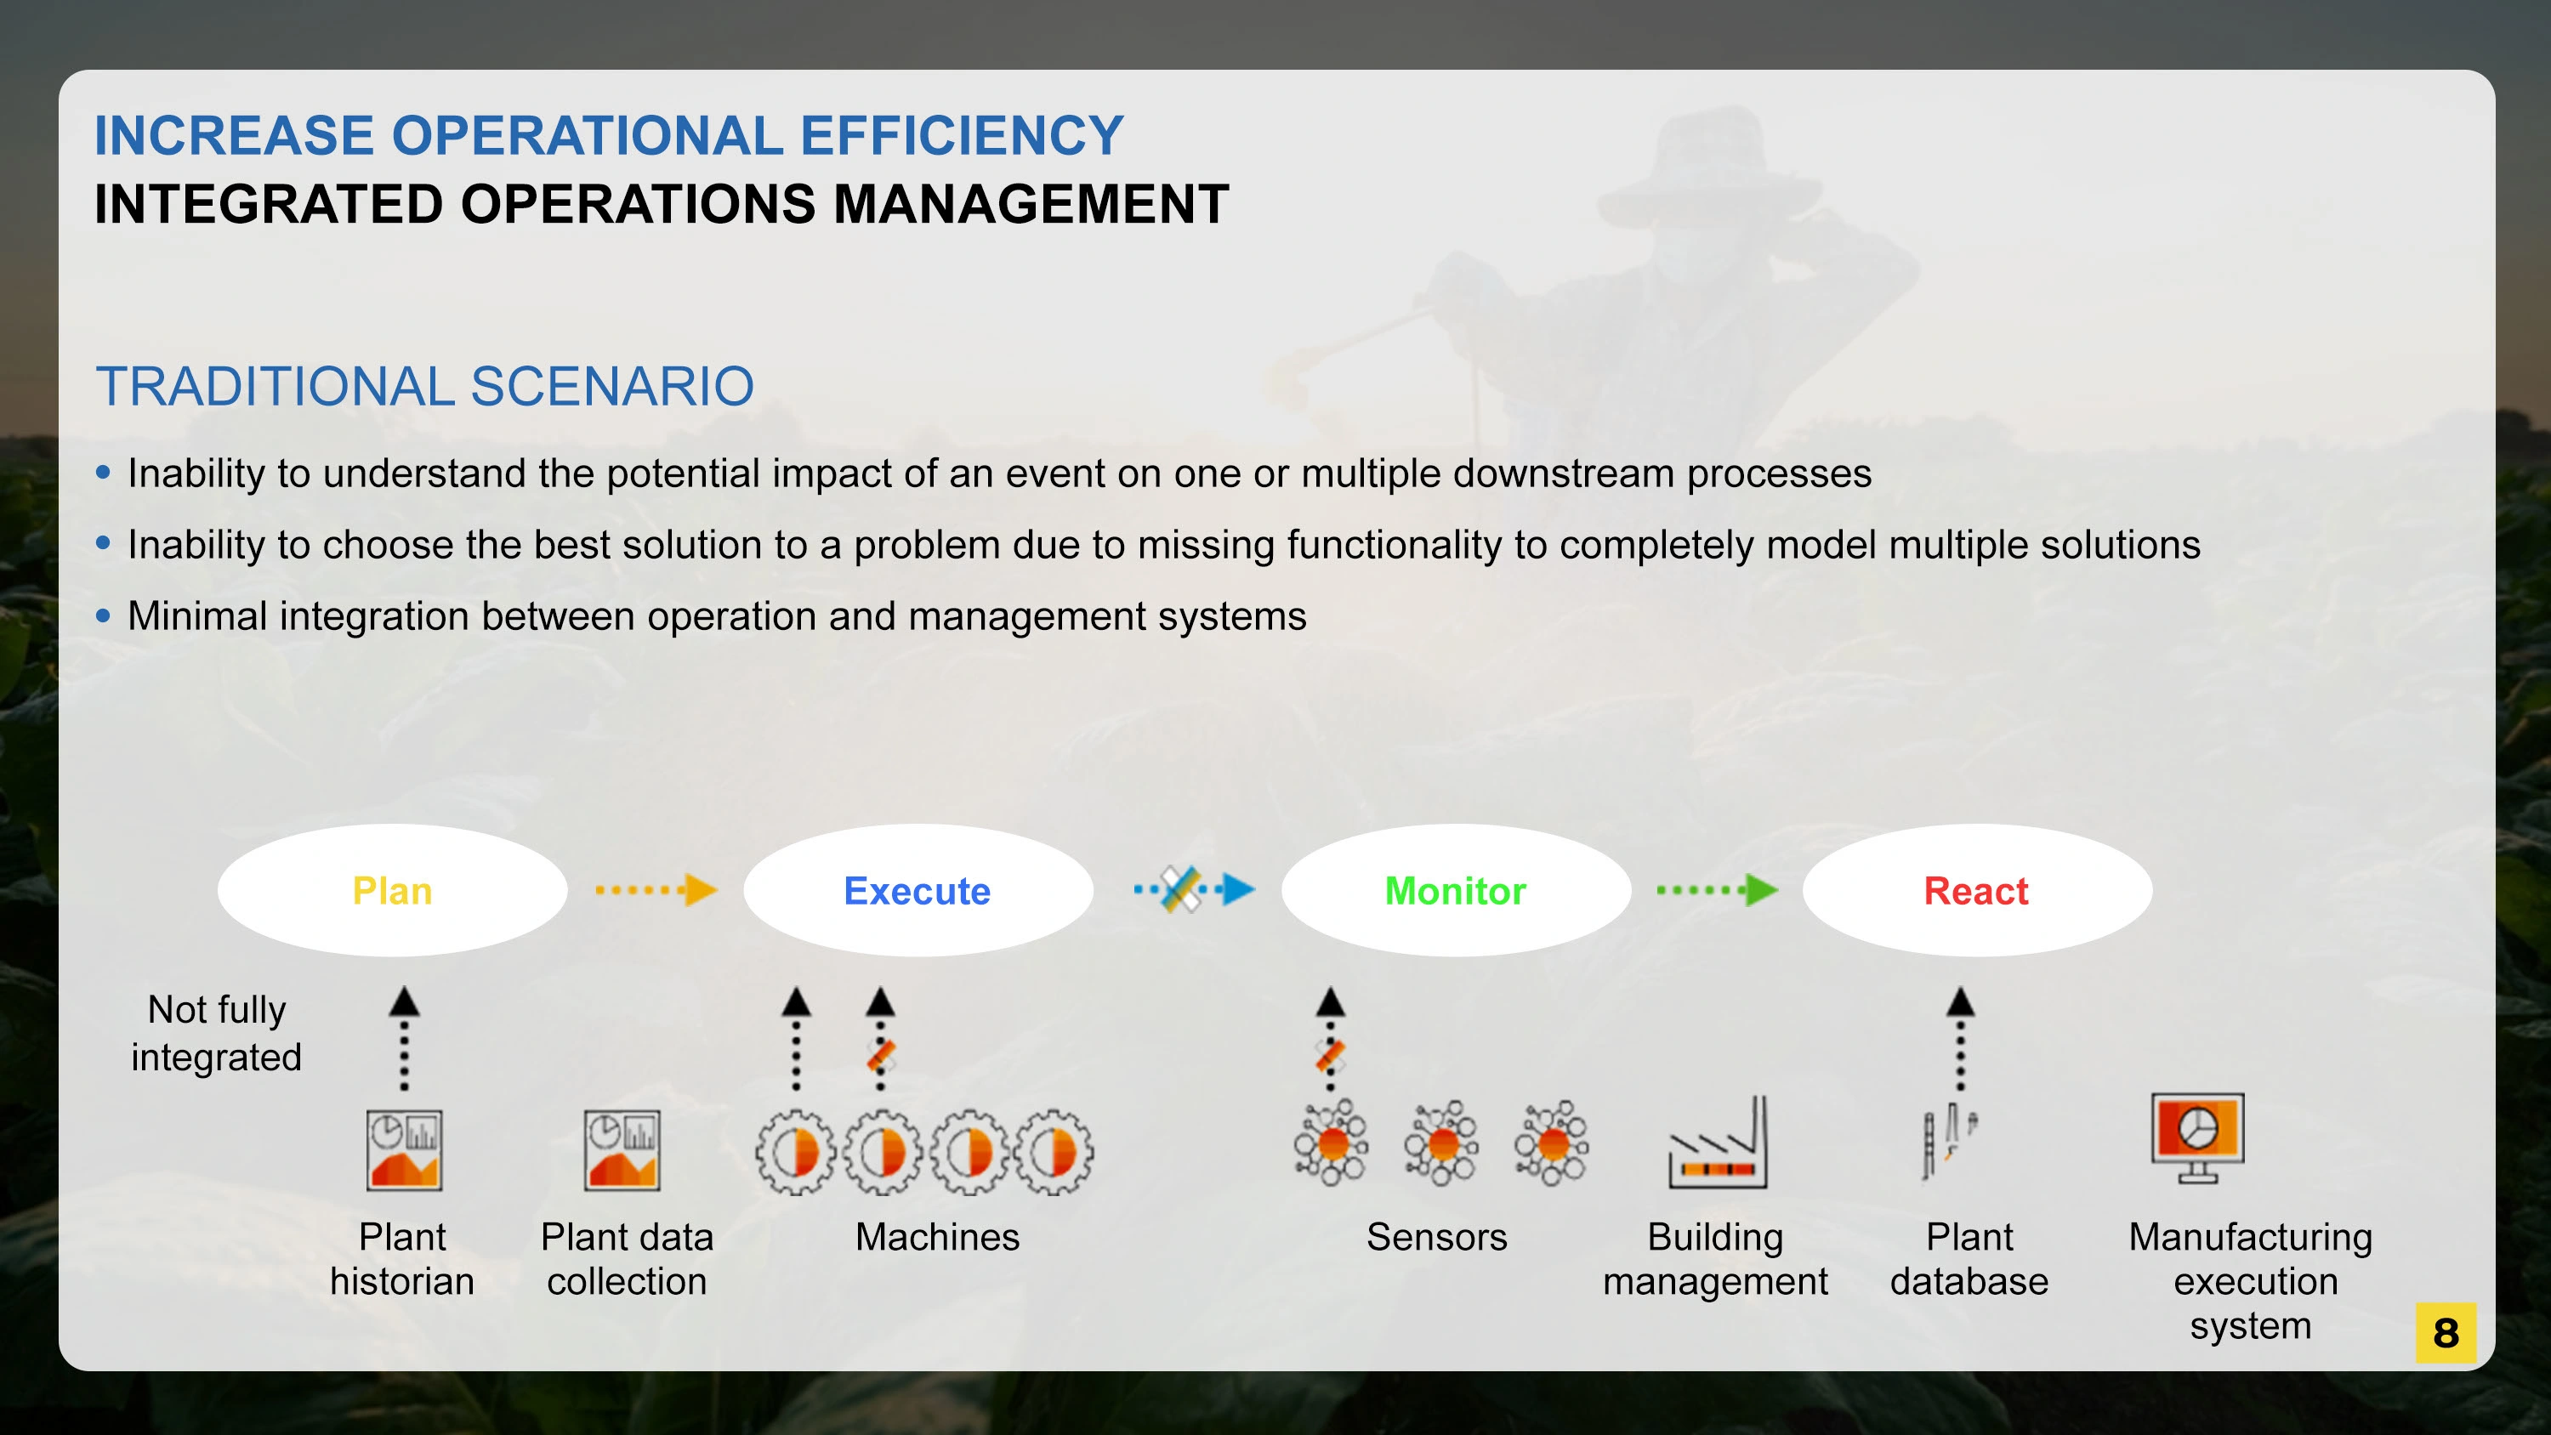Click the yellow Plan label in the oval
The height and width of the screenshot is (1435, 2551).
(x=392, y=891)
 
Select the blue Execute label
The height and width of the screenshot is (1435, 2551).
(x=917, y=891)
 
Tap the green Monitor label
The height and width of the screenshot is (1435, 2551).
(x=1455, y=891)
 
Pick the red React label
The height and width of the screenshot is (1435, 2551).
(x=1975, y=891)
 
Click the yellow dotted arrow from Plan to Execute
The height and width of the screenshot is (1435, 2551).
(x=656, y=889)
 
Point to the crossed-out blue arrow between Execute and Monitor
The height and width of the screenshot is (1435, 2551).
(x=1195, y=889)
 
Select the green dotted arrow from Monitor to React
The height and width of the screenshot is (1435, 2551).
(x=1717, y=889)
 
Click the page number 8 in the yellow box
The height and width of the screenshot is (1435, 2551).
(x=2445, y=1333)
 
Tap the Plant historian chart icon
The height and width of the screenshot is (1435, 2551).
(x=404, y=1149)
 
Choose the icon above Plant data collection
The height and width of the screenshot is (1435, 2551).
(x=622, y=1149)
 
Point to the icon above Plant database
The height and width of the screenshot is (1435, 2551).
(x=1948, y=1142)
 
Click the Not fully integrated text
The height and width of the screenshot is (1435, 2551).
(x=217, y=1033)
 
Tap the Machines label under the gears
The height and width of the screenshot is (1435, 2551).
(x=937, y=1237)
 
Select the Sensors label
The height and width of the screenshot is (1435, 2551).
(x=1437, y=1237)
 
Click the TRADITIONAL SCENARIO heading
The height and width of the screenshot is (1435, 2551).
(x=425, y=386)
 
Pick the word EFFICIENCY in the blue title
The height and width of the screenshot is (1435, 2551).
(x=962, y=136)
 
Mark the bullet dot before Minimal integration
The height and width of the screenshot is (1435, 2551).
(x=103, y=616)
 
